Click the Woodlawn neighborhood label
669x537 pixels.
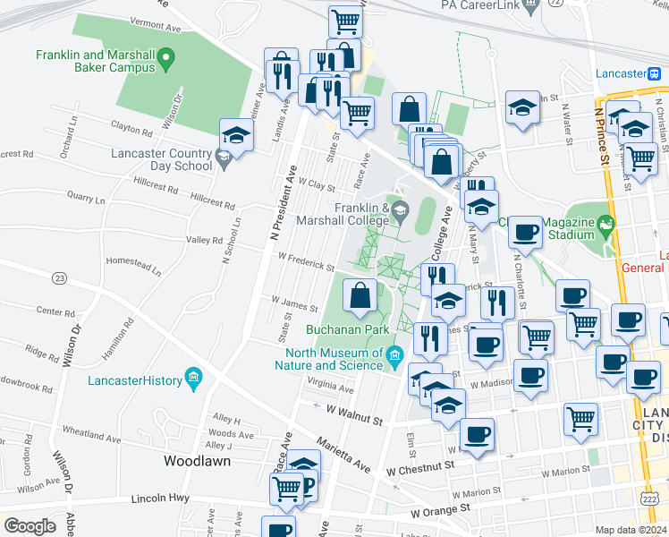tap(197, 462)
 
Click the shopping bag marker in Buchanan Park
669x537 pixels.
tap(360, 295)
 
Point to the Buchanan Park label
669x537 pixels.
tap(345, 329)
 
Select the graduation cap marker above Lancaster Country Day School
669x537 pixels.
tap(237, 135)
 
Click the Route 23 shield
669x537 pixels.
tap(60, 277)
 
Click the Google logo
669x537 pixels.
tap(30, 526)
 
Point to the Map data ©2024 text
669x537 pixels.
tap(631, 530)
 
